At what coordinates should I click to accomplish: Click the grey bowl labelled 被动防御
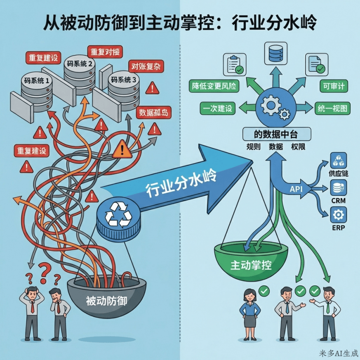point(106,301)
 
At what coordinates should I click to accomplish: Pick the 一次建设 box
point(216,108)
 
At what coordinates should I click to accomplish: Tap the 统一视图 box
point(332,108)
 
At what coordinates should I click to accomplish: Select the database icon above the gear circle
point(274,52)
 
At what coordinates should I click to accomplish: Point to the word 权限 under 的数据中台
point(298,146)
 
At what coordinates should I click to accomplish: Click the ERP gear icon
point(339,215)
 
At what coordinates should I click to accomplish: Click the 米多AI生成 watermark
point(338,354)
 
